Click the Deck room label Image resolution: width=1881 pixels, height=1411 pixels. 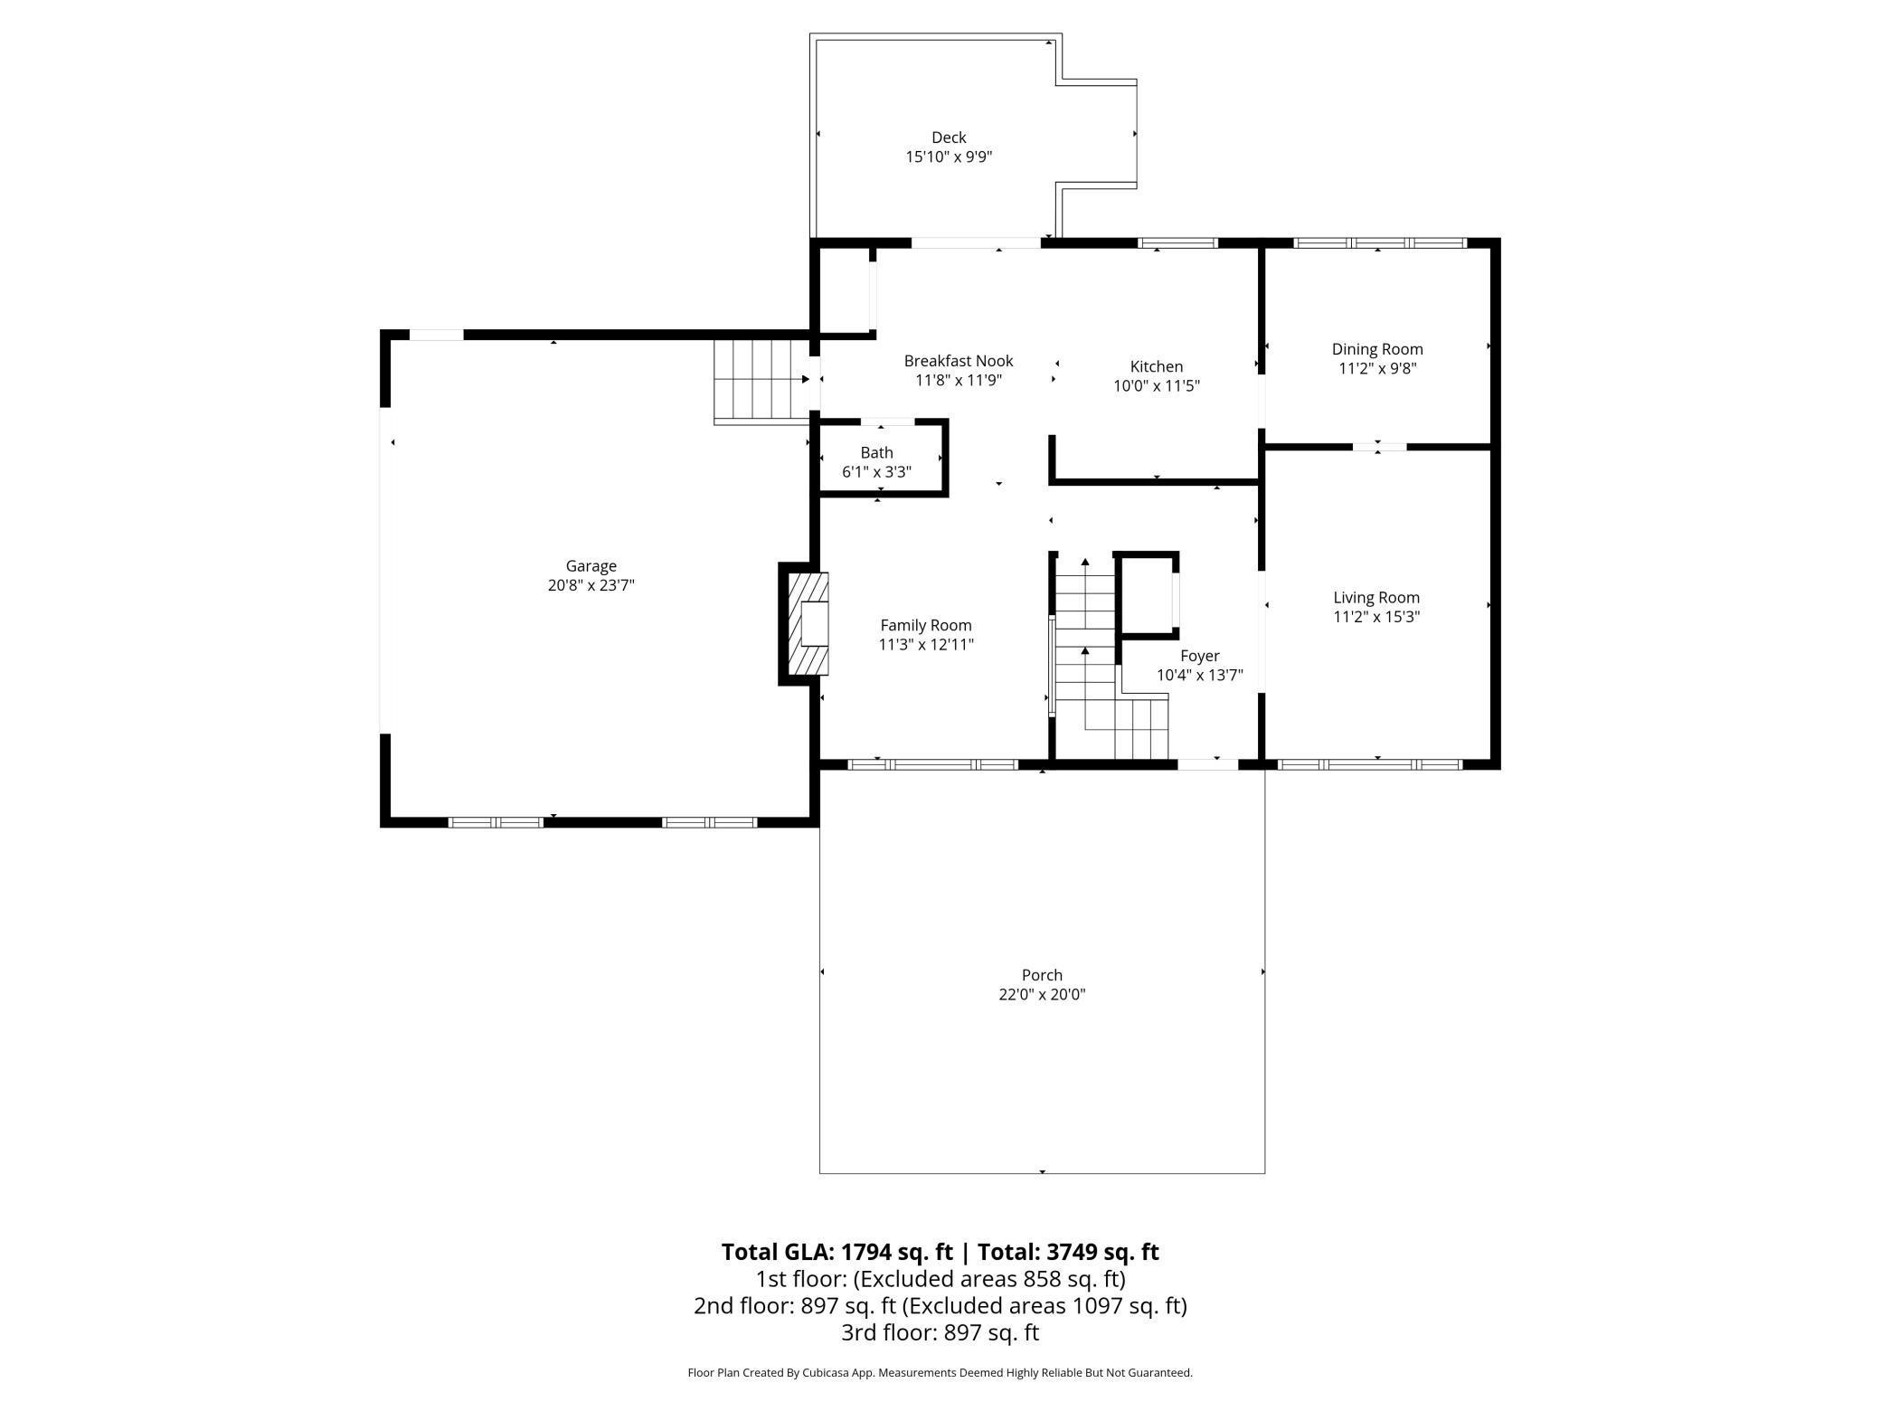[x=949, y=137]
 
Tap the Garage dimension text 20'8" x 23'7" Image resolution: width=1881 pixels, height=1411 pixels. [x=591, y=585]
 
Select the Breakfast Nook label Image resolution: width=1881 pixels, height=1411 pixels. [x=958, y=361]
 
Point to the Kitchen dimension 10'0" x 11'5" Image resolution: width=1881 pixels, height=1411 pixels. [x=1156, y=385]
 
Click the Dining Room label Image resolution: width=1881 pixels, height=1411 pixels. [x=1376, y=349]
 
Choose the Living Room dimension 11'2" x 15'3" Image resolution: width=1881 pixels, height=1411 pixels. [x=1376, y=617]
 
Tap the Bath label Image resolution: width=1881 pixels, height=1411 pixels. [x=876, y=452]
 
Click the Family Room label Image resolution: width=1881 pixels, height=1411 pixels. [x=925, y=625]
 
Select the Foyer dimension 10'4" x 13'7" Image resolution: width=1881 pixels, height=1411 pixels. [x=1199, y=675]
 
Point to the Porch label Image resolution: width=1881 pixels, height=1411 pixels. [x=1041, y=975]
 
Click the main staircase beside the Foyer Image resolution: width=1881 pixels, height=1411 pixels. [x=1085, y=651]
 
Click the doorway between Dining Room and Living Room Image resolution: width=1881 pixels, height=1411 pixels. [x=1378, y=446]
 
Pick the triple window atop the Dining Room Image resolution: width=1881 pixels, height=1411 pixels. [x=1378, y=242]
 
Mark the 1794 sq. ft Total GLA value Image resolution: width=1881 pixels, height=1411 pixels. [x=896, y=1252]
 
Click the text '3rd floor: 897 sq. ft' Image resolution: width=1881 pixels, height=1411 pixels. [x=940, y=1332]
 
